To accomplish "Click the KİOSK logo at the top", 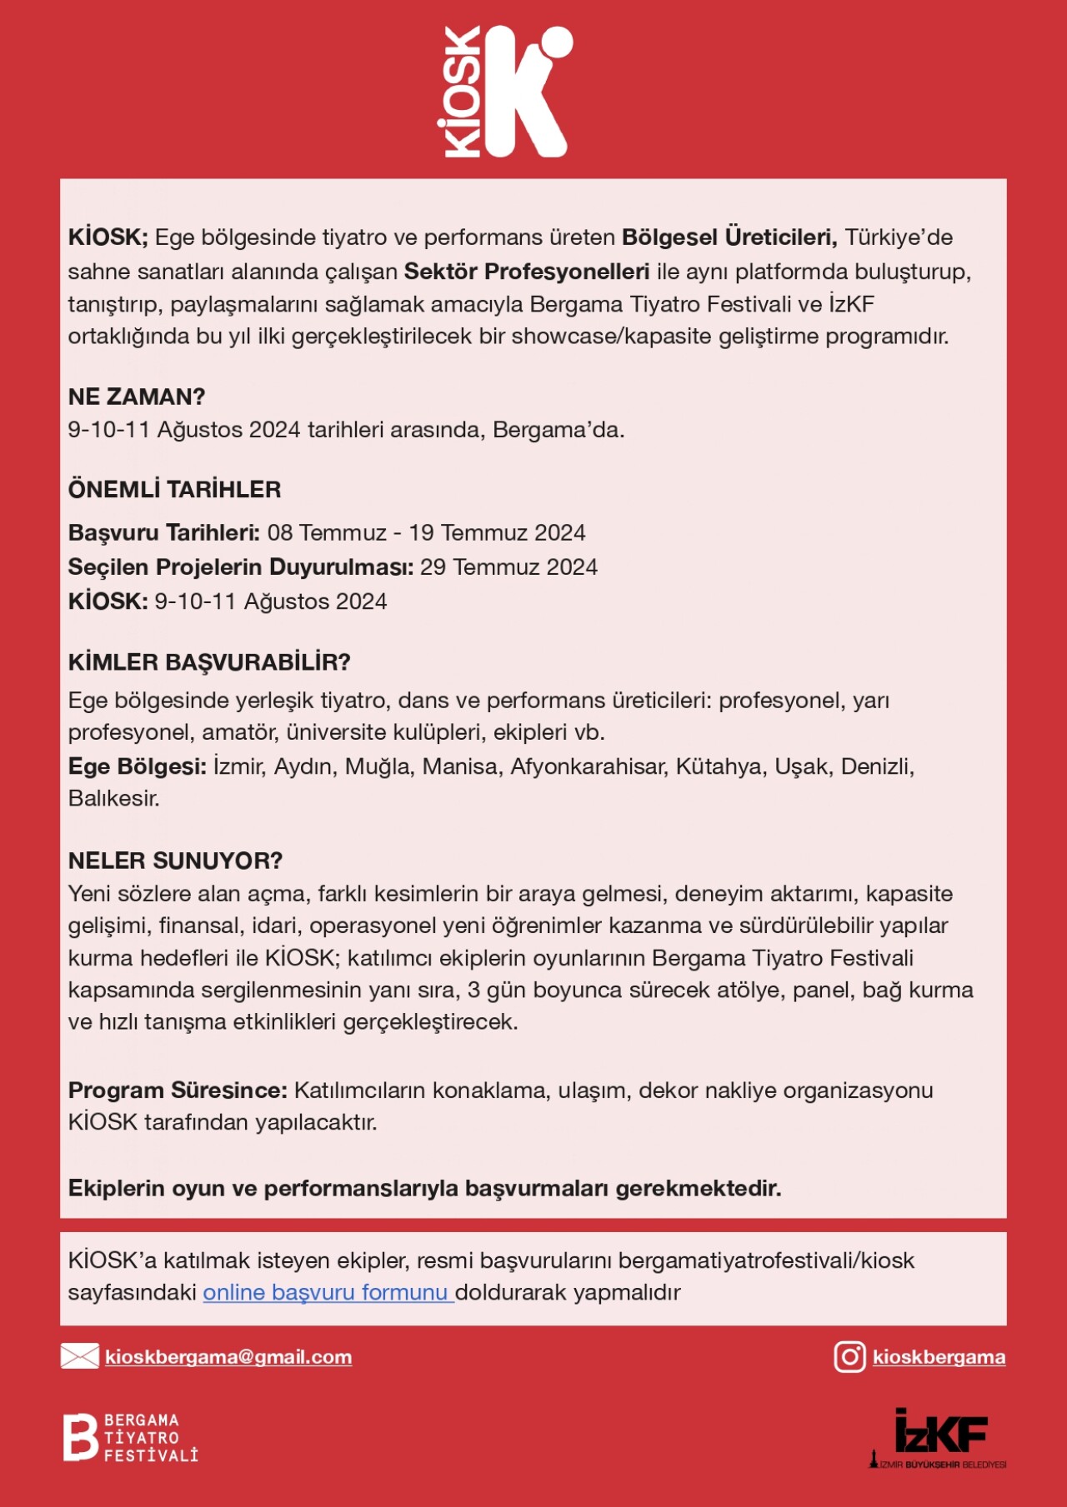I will click(504, 92).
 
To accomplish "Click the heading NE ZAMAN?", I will click(137, 397).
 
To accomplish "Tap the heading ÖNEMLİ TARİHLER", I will click(174, 489).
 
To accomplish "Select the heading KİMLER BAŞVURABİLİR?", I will click(209, 662).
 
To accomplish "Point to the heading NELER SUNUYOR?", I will click(175, 861).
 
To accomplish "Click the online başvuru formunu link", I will click(327, 1292).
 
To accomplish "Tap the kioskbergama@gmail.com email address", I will click(228, 1356).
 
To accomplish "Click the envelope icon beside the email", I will click(79, 1356).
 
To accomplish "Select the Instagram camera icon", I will click(849, 1356).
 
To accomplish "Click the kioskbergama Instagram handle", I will click(939, 1356).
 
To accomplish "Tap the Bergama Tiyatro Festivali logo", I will click(131, 1437).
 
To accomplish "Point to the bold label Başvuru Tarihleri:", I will click(164, 532).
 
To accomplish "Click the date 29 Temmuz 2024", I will click(508, 567).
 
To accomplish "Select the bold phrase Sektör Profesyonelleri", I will click(526, 272).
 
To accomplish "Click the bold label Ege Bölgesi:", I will click(138, 766).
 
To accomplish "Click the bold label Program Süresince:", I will click(178, 1090).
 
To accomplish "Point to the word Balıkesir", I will click(113, 798).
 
